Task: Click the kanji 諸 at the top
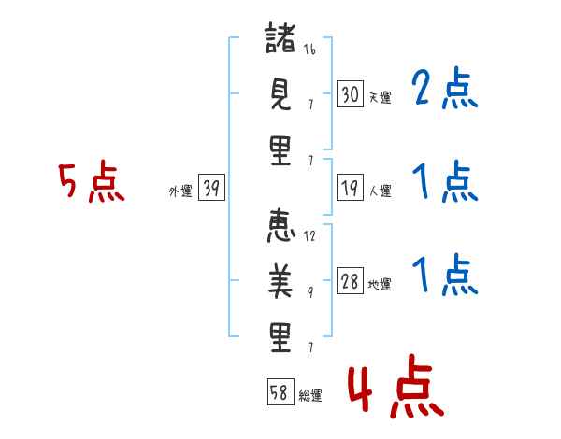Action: click(280, 38)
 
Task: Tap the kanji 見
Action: click(280, 93)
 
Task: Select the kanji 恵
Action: click(280, 226)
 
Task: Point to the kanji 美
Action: click(280, 281)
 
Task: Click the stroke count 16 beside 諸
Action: click(309, 49)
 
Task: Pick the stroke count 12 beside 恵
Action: click(309, 235)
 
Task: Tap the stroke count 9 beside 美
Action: click(310, 292)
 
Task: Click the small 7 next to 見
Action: click(310, 105)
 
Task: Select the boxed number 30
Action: click(350, 93)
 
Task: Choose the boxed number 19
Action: click(350, 188)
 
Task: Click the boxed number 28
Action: click(350, 281)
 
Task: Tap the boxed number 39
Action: click(211, 188)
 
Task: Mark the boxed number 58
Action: click(280, 391)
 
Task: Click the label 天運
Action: click(381, 97)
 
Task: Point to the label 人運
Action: click(381, 191)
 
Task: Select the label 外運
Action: click(180, 191)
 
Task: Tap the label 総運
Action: click(310, 395)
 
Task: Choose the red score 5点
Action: click(92, 181)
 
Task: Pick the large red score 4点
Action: click(396, 386)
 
